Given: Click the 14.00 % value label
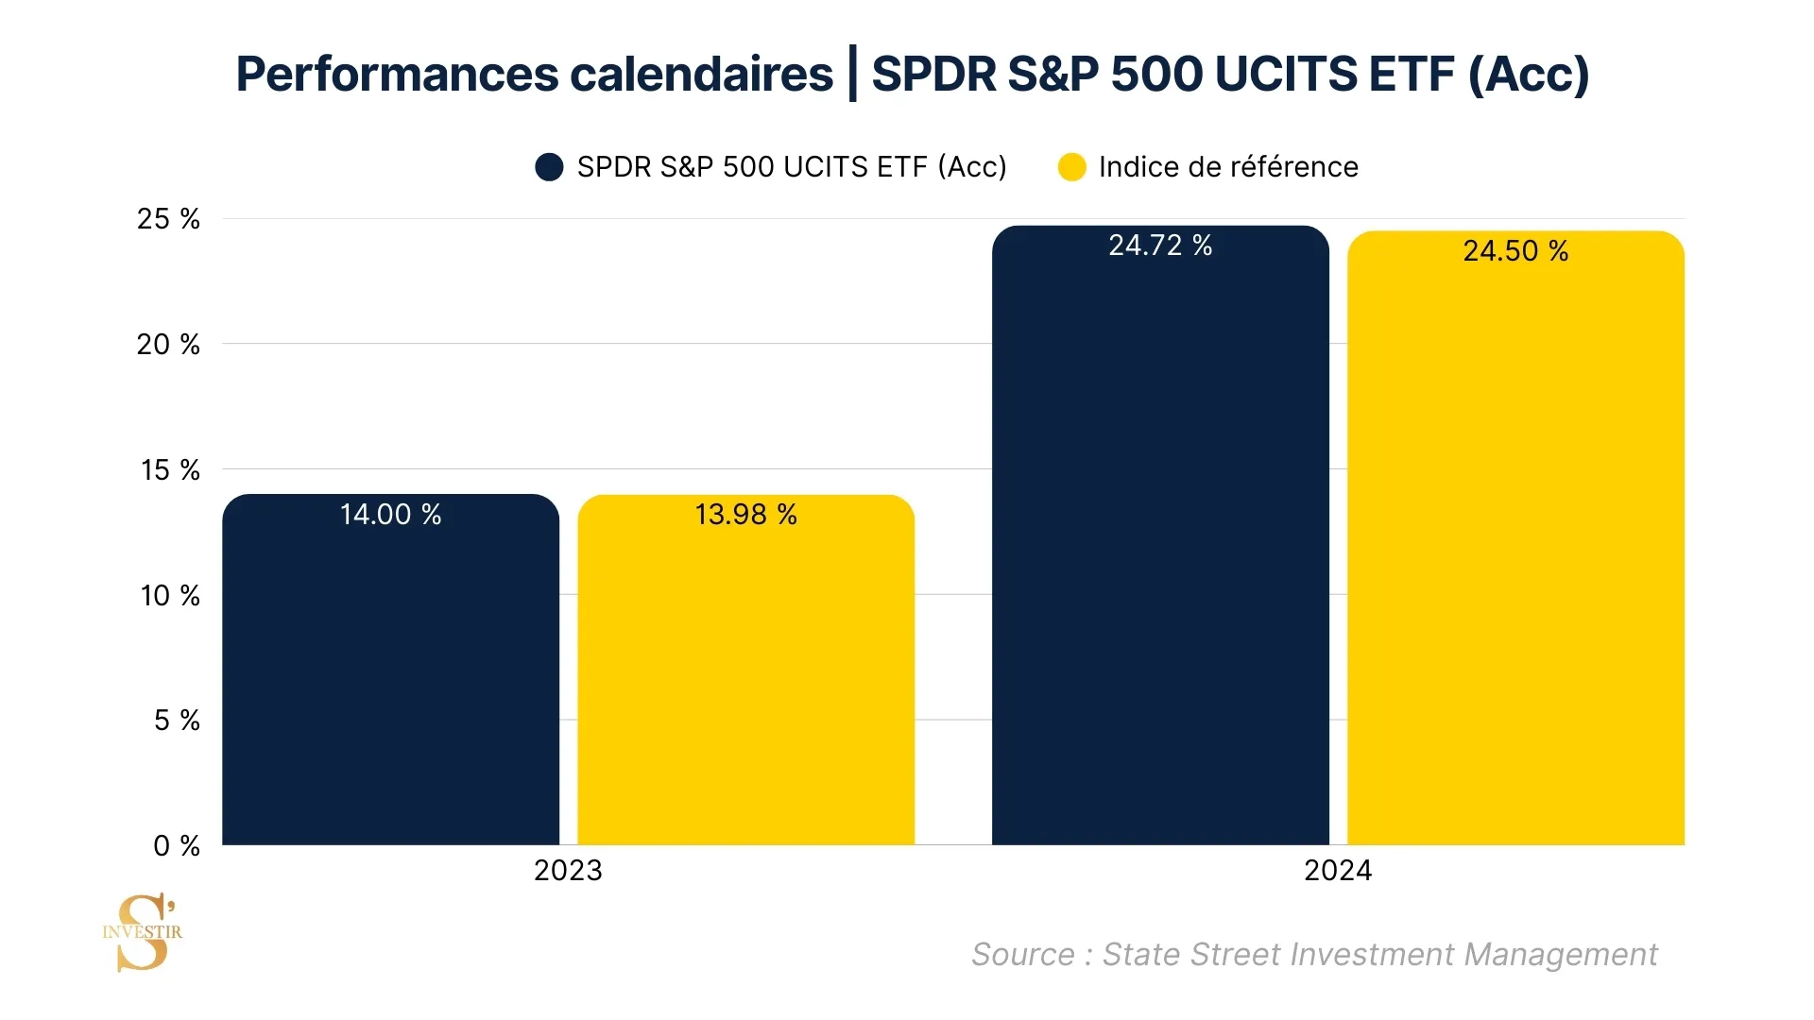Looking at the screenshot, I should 390,515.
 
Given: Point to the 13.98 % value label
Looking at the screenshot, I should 745,515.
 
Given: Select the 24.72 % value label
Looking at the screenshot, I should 1160,246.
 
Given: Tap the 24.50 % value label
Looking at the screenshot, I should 1515,251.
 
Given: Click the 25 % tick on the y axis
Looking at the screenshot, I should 168,219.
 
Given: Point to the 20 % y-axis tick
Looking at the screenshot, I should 168,345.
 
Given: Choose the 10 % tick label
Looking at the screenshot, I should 170,596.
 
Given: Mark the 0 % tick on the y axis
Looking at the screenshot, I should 177,846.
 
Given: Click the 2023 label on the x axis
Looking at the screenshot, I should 568,871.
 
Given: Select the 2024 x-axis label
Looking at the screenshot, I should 1338,871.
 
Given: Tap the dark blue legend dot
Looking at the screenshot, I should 549,167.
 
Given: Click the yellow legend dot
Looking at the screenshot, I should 1071,167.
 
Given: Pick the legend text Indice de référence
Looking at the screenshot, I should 1228,167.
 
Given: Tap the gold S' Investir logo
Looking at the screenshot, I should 143,932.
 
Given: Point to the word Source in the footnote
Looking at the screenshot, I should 1022,955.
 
